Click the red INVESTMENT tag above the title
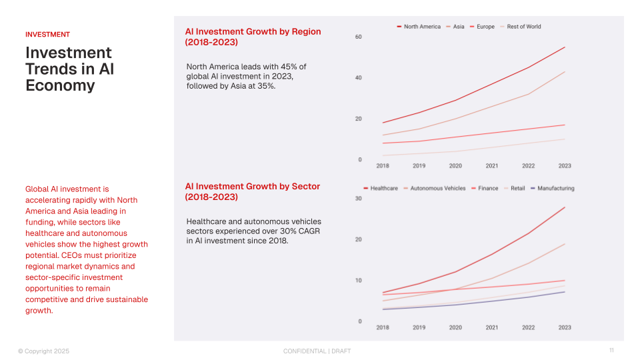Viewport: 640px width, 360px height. point(47,35)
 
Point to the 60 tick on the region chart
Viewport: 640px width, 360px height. point(358,37)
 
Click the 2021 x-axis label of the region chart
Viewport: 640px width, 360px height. point(492,166)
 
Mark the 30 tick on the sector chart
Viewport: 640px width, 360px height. point(358,199)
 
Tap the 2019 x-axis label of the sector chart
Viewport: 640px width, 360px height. point(419,328)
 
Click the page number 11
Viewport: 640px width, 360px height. point(611,351)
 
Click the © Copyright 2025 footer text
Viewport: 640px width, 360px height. point(43,351)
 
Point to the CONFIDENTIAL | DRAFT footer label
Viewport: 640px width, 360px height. point(317,351)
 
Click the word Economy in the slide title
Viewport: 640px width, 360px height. point(60,86)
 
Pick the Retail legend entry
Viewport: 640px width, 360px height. point(517,189)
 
